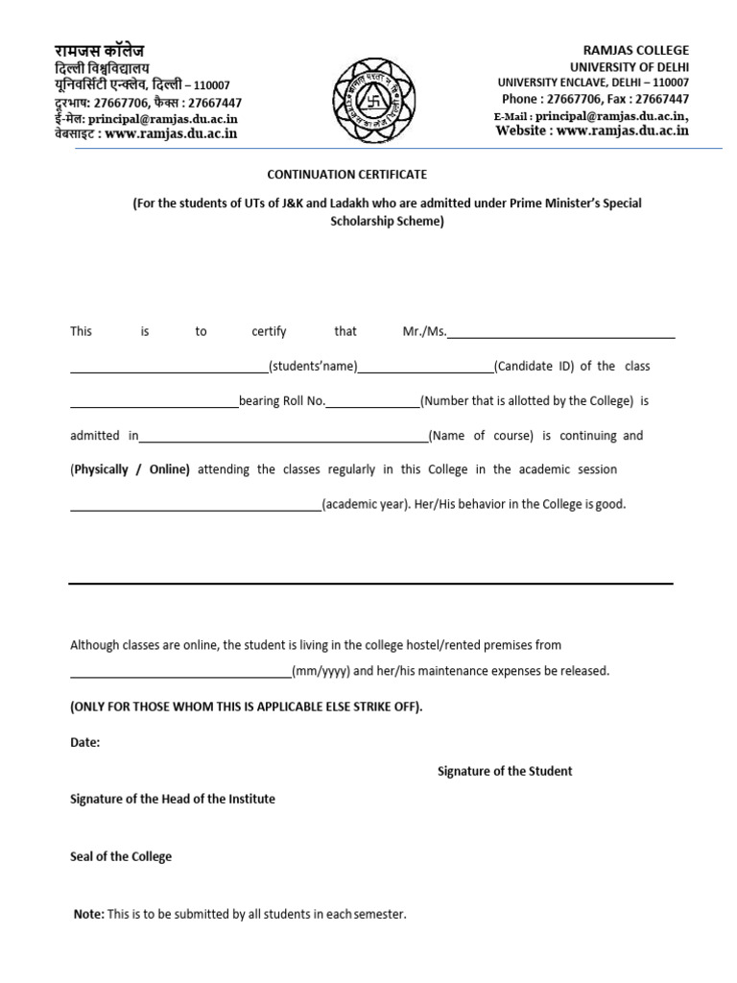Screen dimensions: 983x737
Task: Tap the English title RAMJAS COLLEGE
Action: [x=636, y=50]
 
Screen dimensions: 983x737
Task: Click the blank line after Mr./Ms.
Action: [x=561, y=332]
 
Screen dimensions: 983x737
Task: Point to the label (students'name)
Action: [x=313, y=367]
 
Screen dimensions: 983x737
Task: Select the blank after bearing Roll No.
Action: [x=372, y=401]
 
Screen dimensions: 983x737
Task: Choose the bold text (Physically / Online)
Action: [x=130, y=470]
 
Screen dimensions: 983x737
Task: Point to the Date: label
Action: [x=84, y=742]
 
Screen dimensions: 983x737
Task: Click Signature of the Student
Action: [x=505, y=771]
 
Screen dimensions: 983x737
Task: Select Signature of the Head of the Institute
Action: [x=173, y=799]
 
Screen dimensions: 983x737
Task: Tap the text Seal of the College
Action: [x=121, y=856]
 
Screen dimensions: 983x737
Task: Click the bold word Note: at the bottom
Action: [x=89, y=915]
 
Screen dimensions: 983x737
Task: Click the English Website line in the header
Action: [x=592, y=131]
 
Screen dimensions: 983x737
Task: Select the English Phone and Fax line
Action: [x=595, y=99]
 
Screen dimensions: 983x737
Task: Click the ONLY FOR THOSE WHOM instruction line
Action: [x=246, y=707]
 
